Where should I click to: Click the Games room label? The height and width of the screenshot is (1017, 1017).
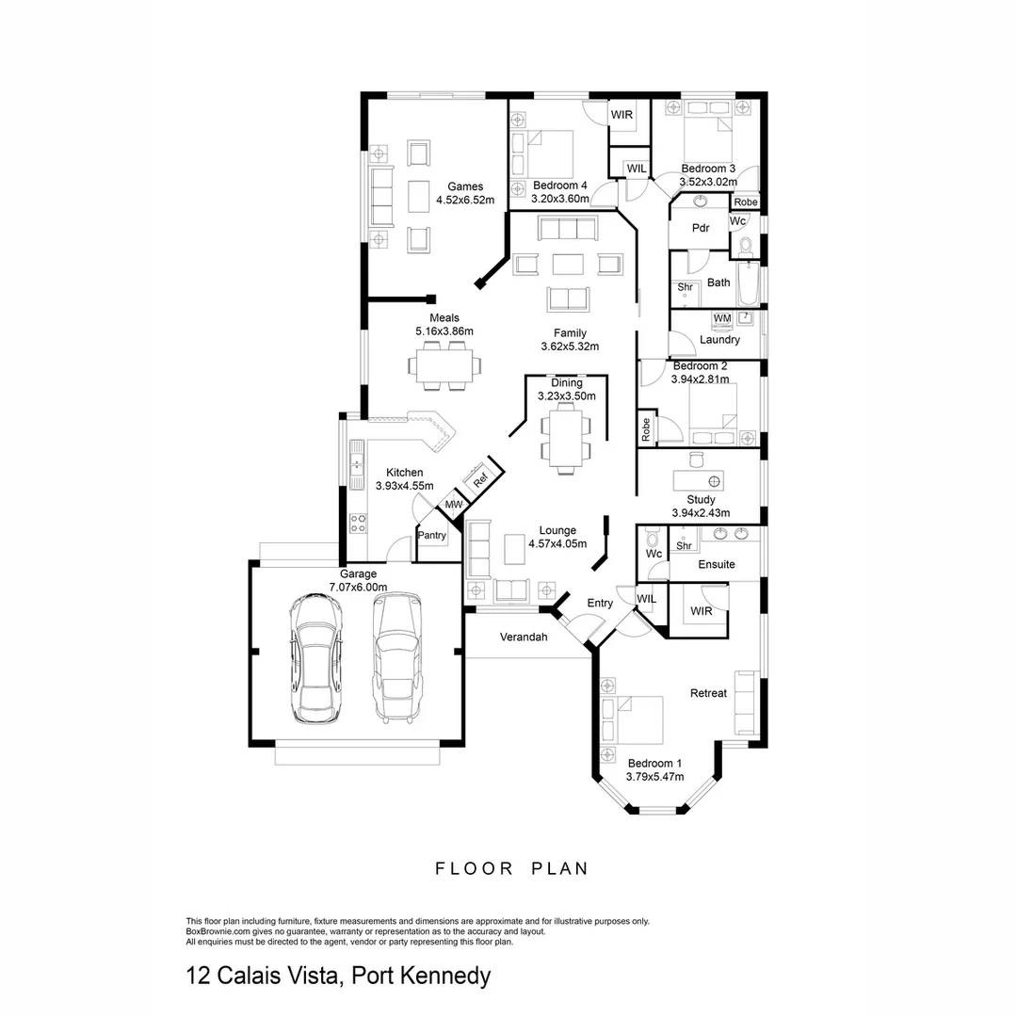[x=465, y=186]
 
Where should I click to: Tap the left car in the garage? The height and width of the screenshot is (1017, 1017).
[x=316, y=659]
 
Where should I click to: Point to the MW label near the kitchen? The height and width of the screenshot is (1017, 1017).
[x=454, y=505]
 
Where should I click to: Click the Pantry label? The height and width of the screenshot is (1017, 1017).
[x=432, y=536]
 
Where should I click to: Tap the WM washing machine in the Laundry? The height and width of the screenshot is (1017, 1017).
[x=722, y=319]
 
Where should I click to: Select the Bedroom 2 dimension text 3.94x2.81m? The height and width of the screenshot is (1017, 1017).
[x=700, y=379]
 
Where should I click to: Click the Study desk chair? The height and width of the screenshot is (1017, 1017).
[x=697, y=459]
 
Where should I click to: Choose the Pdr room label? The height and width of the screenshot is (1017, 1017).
[x=700, y=228]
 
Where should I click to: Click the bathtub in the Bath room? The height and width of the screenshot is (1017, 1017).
[x=748, y=282]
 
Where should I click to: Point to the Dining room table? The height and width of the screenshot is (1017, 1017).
[x=567, y=439]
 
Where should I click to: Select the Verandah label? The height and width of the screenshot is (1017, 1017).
[x=523, y=638]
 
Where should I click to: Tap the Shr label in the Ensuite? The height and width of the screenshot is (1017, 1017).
[x=685, y=545]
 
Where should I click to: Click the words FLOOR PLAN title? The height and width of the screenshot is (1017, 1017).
[x=511, y=868]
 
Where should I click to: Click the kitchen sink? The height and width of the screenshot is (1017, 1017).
[x=358, y=464]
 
